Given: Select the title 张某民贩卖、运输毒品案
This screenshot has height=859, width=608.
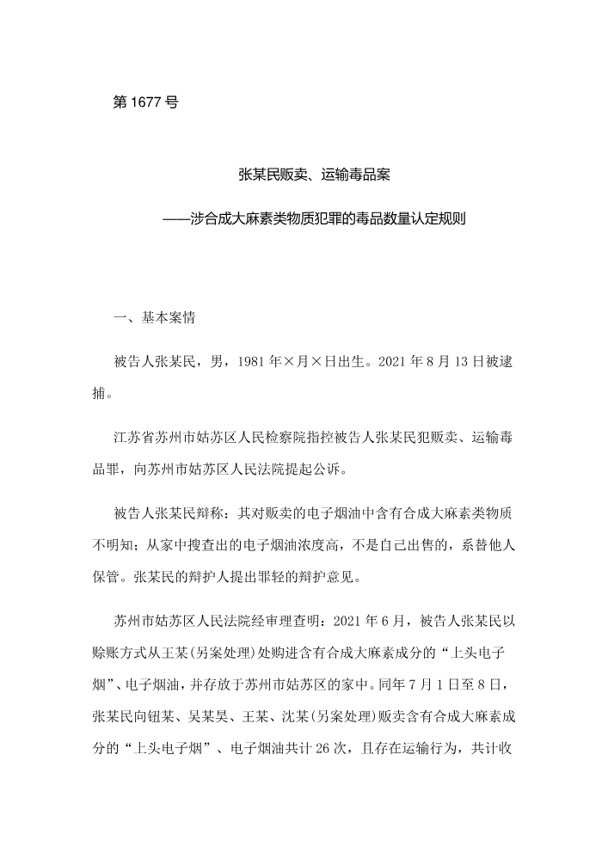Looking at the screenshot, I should (315, 175).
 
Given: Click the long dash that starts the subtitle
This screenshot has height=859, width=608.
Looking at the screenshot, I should (178, 218).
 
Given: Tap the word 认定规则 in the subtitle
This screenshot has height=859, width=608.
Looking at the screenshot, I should (439, 218).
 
